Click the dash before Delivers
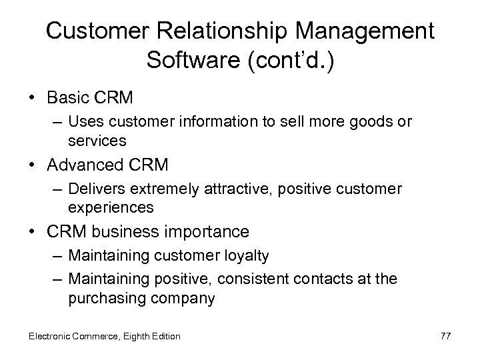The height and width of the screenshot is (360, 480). click(57, 190)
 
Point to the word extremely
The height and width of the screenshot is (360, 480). click(145, 190)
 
